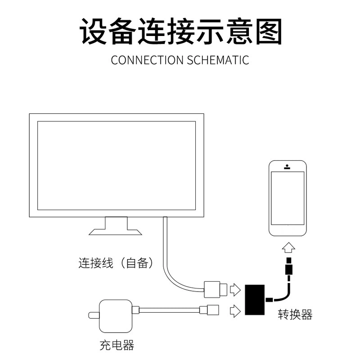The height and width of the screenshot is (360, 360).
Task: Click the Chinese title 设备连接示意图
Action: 180,31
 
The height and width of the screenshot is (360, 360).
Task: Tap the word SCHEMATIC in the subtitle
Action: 218,60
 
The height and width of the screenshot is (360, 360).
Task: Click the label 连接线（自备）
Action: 117,263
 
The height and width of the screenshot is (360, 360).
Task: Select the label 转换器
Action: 295,315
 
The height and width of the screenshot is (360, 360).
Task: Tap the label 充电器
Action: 117,346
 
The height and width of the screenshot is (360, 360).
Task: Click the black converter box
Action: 255,300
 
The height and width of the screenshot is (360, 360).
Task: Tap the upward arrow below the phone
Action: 288,248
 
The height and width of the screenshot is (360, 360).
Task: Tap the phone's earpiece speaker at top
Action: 287,168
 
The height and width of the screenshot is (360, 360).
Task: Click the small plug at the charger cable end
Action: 210,310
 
